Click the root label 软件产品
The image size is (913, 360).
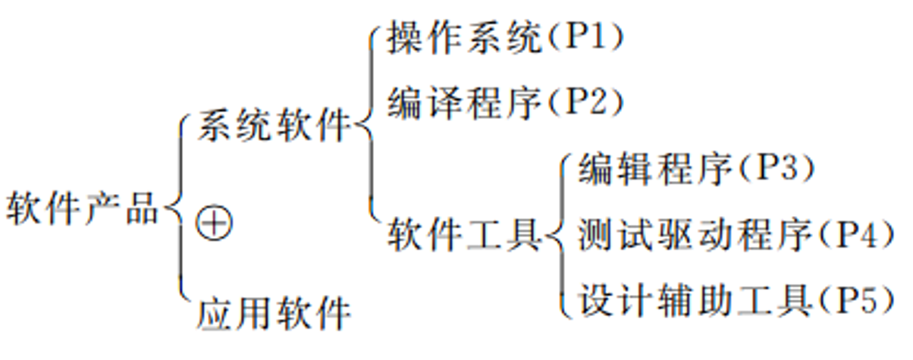(x=83, y=208)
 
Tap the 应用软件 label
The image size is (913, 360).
(x=274, y=313)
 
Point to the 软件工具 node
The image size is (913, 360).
(x=465, y=233)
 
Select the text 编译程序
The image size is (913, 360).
(x=465, y=102)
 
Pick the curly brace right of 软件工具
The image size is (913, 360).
(x=559, y=235)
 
